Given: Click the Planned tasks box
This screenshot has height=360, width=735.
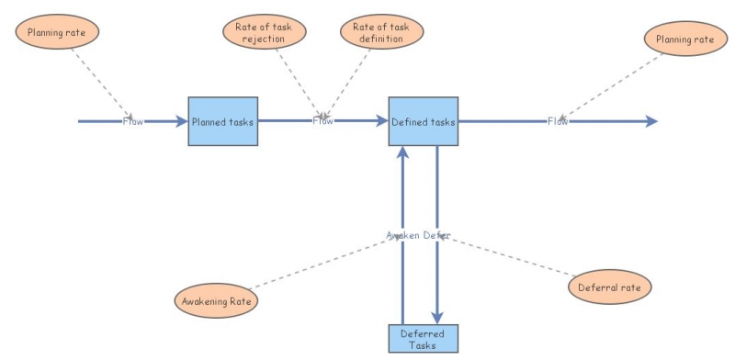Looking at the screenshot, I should [222, 121].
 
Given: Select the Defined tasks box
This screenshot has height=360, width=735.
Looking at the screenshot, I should [423, 121].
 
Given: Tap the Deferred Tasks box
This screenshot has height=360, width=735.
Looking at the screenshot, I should [423, 339].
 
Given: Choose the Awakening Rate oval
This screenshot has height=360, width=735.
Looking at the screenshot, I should [216, 299].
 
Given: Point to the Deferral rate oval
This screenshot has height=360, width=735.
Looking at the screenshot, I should [610, 287].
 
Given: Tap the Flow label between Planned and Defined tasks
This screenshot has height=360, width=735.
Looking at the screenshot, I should [322, 121].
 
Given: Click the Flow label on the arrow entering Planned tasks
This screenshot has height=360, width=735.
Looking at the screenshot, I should [133, 121].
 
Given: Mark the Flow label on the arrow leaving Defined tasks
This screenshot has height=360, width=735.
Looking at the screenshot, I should [558, 121].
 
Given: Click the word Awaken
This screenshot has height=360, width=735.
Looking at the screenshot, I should [401, 235].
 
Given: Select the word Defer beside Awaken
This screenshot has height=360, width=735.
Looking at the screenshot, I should [436, 235].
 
